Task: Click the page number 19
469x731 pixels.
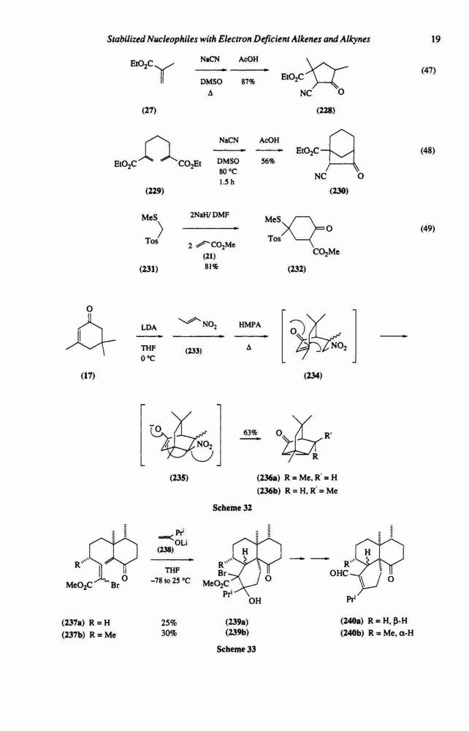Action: click(x=435, y=39)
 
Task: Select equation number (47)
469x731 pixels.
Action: click(x=427, y=70)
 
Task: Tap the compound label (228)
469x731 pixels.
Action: click(x=326, y=110)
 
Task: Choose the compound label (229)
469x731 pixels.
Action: click(x=155, y=191)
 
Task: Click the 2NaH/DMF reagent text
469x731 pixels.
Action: click(x=210, y=214)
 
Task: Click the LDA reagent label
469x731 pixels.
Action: click(x=148, y=327)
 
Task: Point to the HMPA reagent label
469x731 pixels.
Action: click(x=250, y=325)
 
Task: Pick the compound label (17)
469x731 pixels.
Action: click(x=88, y=376)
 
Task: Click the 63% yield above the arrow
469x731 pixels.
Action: click(x=250, y=433)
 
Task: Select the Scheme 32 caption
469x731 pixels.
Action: click(x=232, y=508)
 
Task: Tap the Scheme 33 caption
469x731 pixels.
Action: click(x=236, y=648)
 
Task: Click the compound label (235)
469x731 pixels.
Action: click(x=179, y=478)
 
